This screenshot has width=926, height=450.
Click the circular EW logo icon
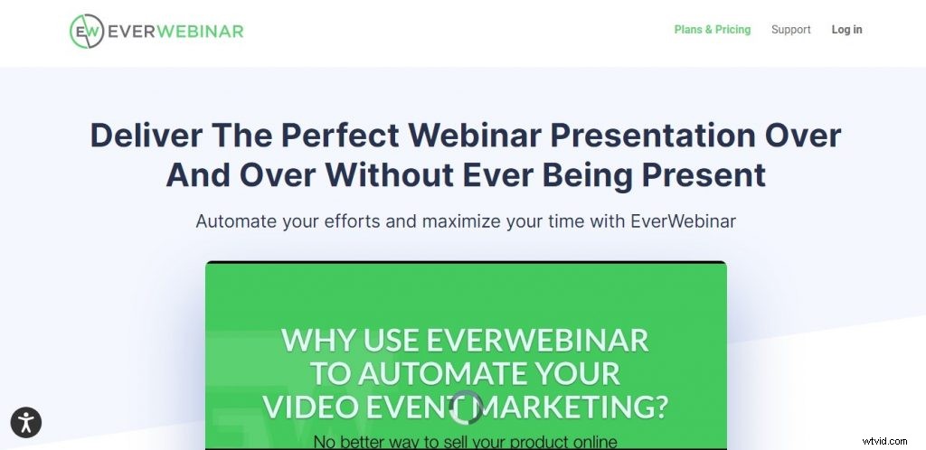tap(87, 30)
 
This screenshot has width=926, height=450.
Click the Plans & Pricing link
tap(713, 30)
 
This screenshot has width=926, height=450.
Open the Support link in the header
tap(790, 30)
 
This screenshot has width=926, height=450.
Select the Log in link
tap(846, 30)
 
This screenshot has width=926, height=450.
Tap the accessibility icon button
tap(26, 421)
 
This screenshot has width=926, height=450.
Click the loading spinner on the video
tap(467, 408)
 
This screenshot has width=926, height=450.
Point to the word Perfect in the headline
tap(340, 136)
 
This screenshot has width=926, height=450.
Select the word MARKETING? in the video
tap(575, 407)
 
